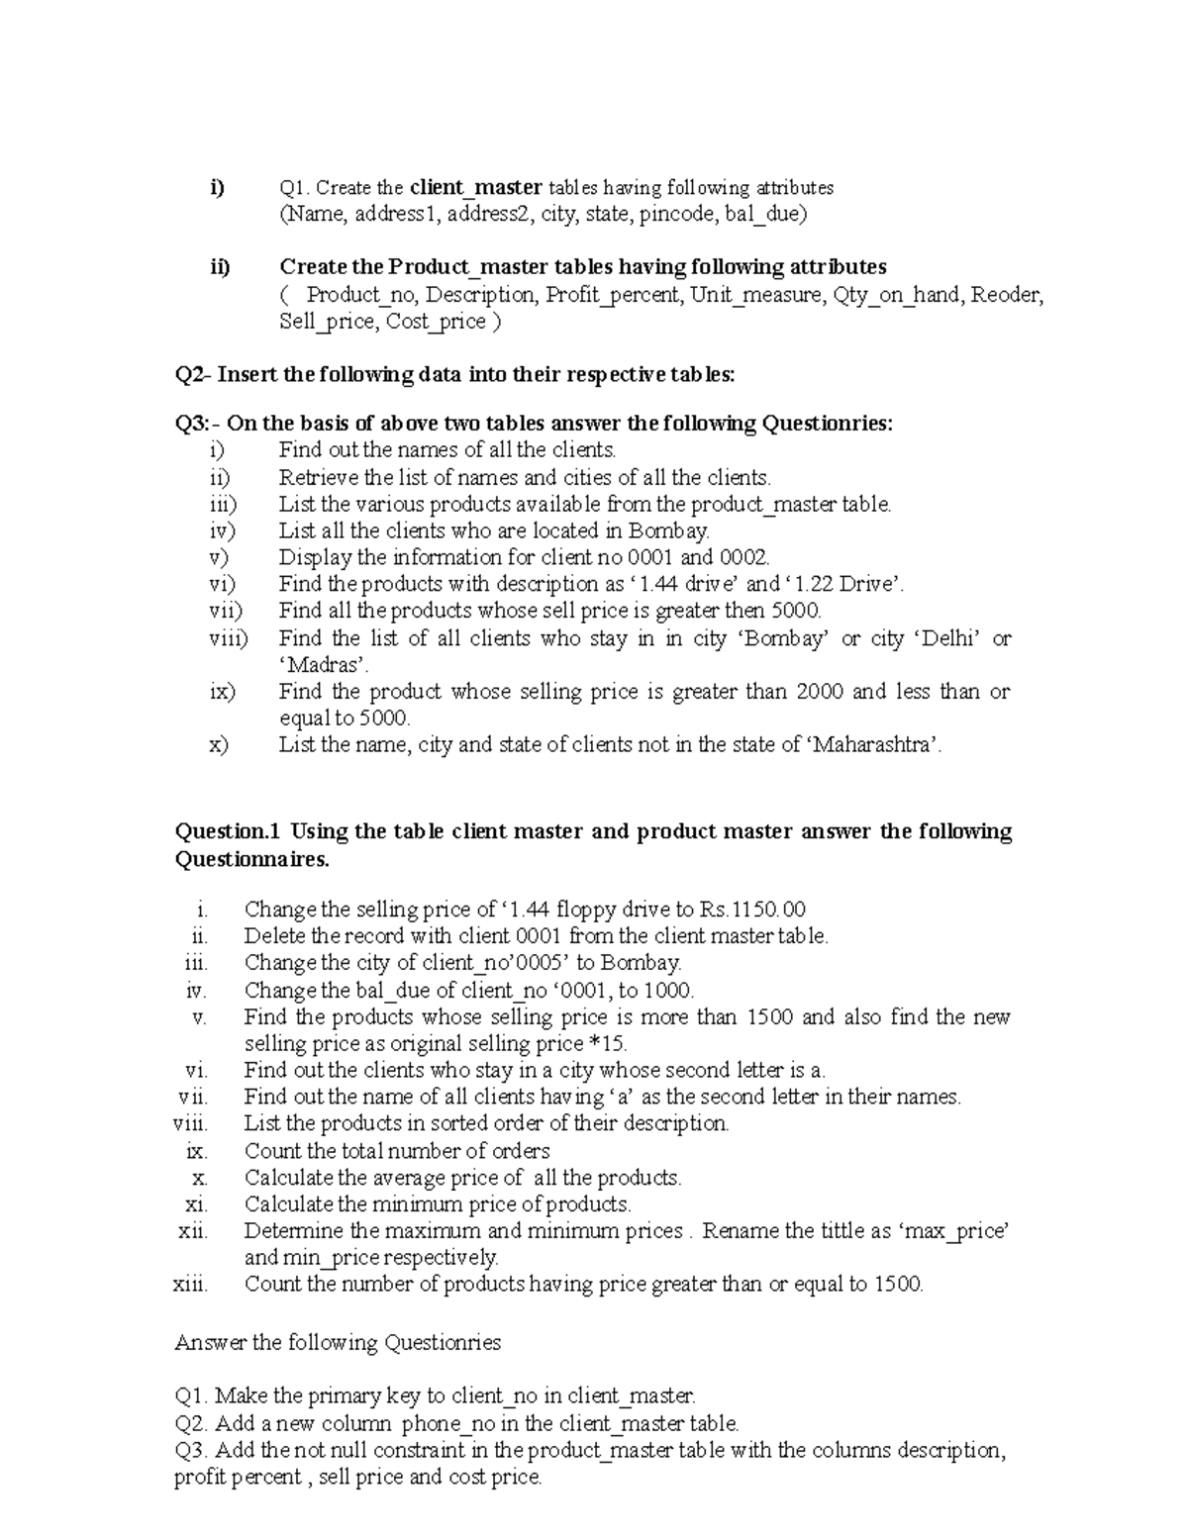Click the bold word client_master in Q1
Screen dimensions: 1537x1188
(x=476, y=187)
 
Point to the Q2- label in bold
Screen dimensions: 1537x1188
(x=193, y=374)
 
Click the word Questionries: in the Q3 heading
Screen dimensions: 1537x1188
(x=827, y=424)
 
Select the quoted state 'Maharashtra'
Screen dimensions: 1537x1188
(x=875, y=744)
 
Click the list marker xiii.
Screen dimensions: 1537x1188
(x=190, y=1285)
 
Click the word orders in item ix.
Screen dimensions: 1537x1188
(x=522, y=1151)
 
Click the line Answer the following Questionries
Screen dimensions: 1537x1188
(x=338, y=1343)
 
